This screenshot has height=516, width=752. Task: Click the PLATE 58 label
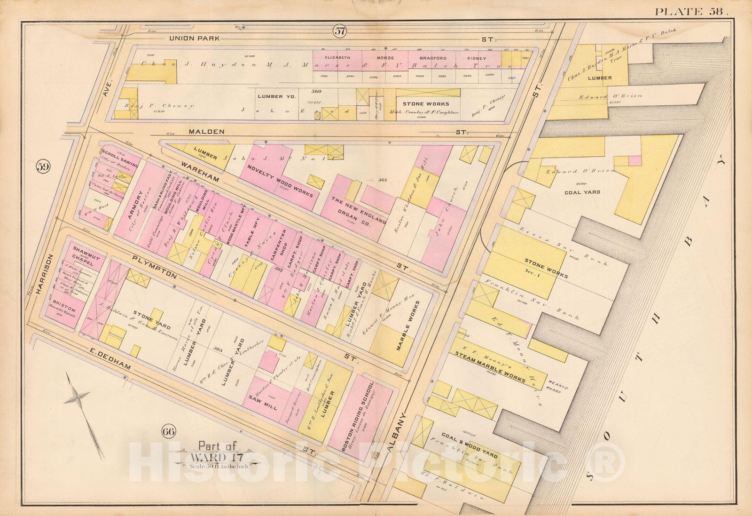691,12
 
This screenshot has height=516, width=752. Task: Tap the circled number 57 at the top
340,32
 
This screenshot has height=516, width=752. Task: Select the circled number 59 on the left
43,167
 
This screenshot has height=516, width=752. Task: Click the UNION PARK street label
194,39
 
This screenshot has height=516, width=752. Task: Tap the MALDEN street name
206,132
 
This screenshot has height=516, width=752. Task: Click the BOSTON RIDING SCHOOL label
359,416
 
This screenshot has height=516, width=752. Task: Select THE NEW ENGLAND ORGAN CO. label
358,212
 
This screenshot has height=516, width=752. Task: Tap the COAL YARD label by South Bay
582,192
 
